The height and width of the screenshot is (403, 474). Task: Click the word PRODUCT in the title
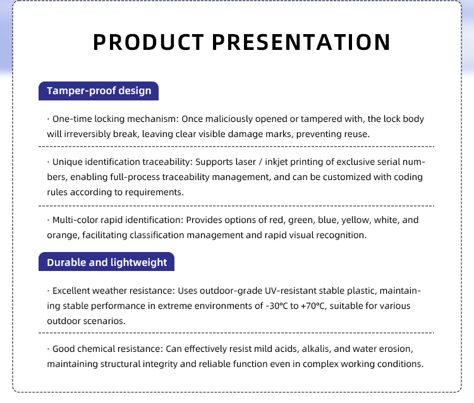(149, 42)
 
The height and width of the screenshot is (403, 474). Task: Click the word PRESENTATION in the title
(301, 42)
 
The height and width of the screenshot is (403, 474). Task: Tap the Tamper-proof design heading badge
(99, 91)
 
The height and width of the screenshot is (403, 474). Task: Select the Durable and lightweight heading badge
(106, 262)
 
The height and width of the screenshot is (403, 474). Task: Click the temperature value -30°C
(277, 306)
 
